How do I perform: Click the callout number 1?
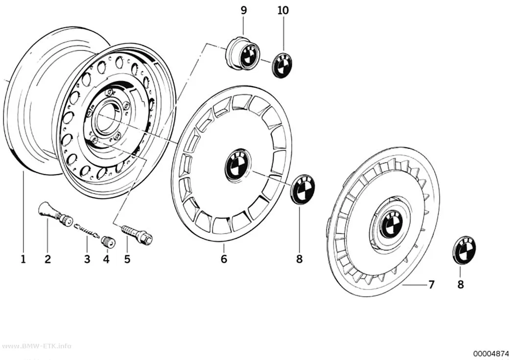[x=23, y=259]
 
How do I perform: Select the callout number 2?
[x=48, y=259]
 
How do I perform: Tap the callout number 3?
[x=87, y=259]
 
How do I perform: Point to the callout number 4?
[x=106, y=259]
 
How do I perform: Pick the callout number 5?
[x=127, y=259]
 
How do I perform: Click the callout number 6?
[x=224, y=259]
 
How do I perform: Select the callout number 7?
[x=431, y=285]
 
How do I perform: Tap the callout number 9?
[x=244, y=10]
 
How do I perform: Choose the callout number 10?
[x=283, y=10]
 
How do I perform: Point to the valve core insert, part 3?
[x=87, y=230]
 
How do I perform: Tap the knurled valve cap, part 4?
[x=108, y=242]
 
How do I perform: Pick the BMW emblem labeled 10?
[x=283, y=65]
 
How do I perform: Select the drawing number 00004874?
[x=491, y=354]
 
